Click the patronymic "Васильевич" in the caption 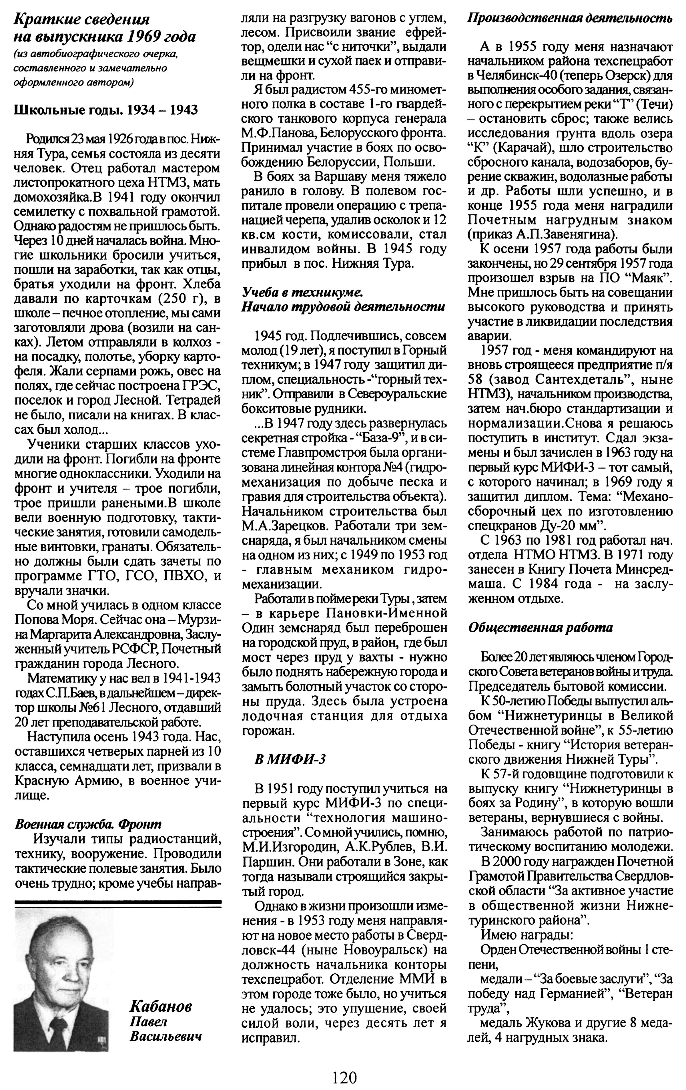(x=165, y=1037)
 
